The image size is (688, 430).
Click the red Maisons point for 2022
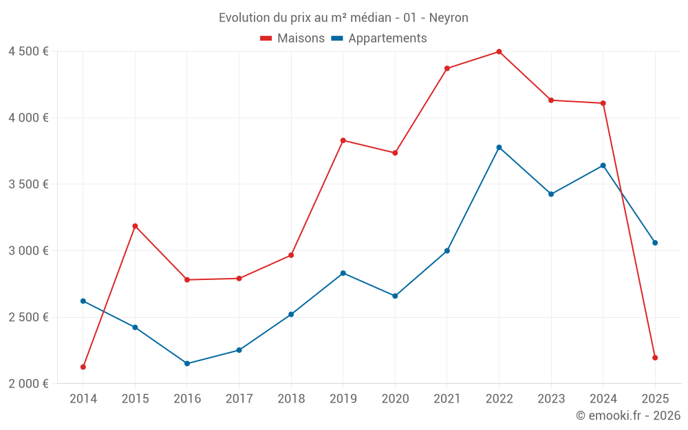click(x=499, y=52)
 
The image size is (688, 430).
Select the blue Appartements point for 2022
click(x=499, y=147)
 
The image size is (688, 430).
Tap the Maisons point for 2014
click(x=83, y=367)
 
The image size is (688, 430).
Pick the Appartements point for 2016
click(x=187, y=363)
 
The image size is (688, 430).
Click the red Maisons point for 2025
click(x=655, y=358)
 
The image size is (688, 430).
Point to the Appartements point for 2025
click(x=655, y=243)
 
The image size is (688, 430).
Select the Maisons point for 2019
click(x=343, y=140)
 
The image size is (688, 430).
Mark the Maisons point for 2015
click(x=135, y=226)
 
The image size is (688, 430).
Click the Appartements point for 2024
click(x=603, y=165)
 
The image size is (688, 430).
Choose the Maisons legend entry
click(x=292, y=39)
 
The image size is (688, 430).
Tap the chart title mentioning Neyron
click(x=343, y=18)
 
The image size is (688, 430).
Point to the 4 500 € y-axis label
click(x=28, y=52)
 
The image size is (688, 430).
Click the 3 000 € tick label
click(x=28, y=250)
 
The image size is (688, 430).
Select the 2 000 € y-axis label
click(x=28, y=384)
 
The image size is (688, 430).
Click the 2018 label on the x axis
click(x=291, y=399)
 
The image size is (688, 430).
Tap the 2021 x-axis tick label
click(x=447, y=399)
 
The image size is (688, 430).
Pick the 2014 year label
click(x=83, y=399)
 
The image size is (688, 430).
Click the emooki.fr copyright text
click(x=627, y=416)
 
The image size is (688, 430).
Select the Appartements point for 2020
click(x=395, y=296)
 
